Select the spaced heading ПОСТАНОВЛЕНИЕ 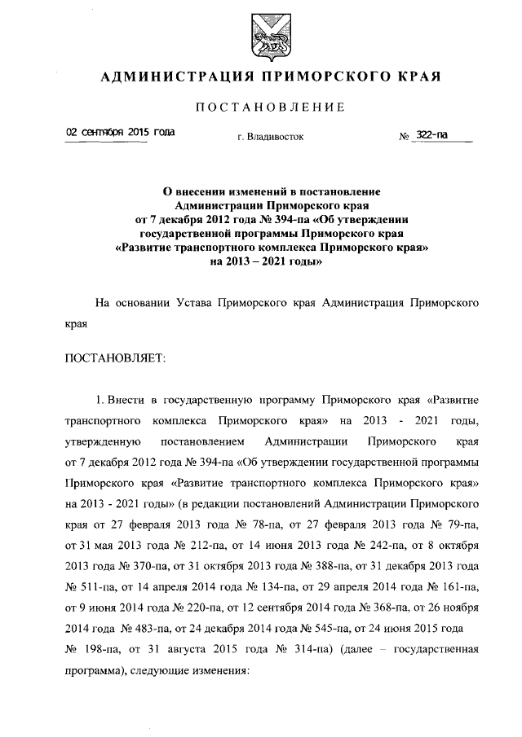270,107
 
